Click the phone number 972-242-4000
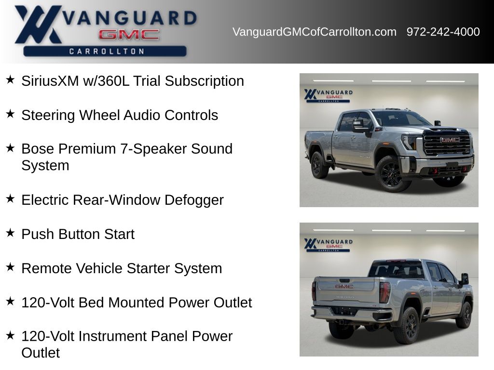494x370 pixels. click(443, 32)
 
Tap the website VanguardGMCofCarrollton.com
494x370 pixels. click(315, 32)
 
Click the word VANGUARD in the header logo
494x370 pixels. click(129, 18)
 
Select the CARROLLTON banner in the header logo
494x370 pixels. click(105, 51)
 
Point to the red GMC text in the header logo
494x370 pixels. click(128, 35)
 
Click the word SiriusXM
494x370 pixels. click(50, 81)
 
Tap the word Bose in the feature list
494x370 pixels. click(37, 149)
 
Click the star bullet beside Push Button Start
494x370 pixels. click(11, 233)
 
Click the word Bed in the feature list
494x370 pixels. click(91, 303)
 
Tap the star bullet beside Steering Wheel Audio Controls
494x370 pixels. click(11, 114)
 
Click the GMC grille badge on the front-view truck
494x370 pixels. click(450, 140)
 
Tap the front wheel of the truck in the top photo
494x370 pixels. click(392, 173)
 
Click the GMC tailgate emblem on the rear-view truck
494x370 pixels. click(344, 287)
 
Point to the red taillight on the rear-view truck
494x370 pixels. click(384, 292)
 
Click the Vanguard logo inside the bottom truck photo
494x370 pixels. click(328, 245)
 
